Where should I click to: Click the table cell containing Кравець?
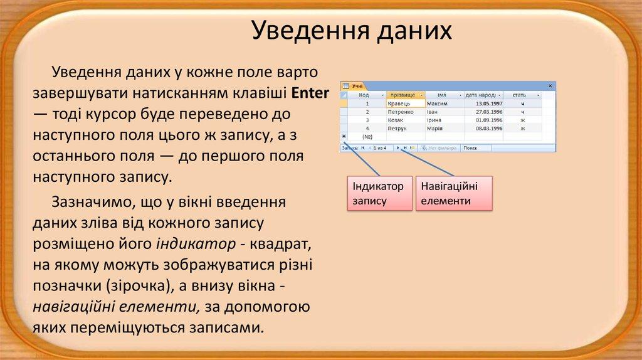(x=405, y=103)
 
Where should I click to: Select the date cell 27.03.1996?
(x=483, y=111)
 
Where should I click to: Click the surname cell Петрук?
(x=405, y=127)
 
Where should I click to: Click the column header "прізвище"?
(x=405, y=95)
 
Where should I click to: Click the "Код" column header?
(x=363, y=95)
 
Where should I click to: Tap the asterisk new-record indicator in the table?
(x=344, y=135)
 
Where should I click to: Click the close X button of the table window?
(x=550, y=85)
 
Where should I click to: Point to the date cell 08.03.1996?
(x=483, y=127)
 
